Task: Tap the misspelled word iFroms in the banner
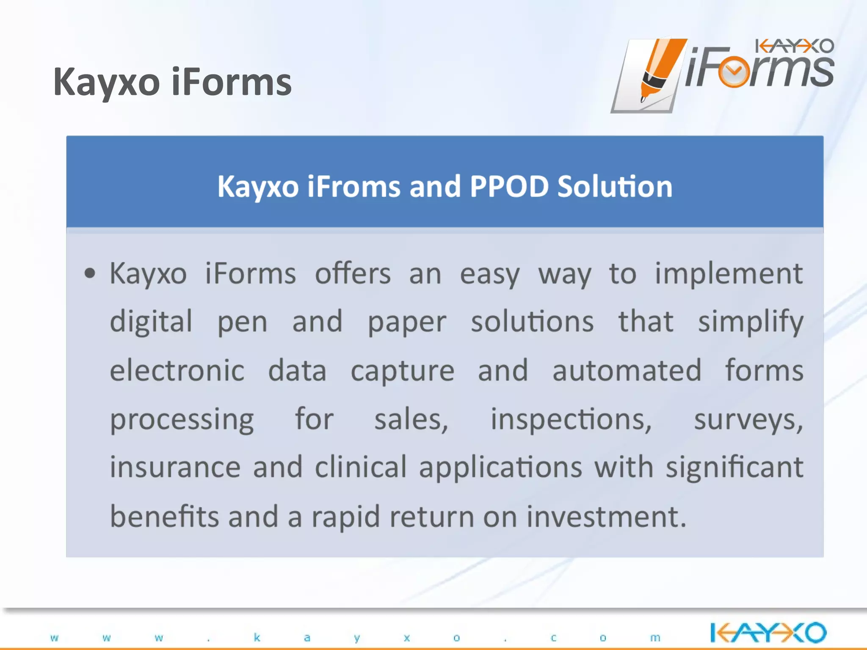[x=353, y=187]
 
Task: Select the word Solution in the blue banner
[x=615, y=187]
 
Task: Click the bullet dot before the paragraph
[x=90, y=273]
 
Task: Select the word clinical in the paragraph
[x=361, y=467]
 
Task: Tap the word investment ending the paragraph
[x=605, y=517]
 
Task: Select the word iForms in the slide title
[x=232, y=82]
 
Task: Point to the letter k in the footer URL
[x=257, y=637]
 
